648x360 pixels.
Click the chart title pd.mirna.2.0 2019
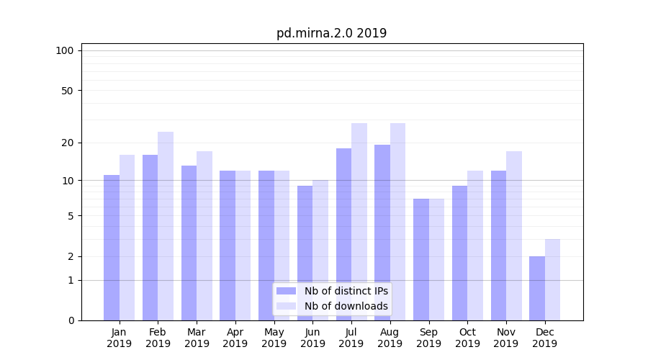[x=331, y=33]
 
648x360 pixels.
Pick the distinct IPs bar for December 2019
[x=537, y=288]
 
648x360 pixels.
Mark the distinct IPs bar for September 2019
[x=421, y=259]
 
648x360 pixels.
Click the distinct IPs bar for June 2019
[x=305, y=253]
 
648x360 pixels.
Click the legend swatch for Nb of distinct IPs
[x=286, y=291]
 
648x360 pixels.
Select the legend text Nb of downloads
[x=346, y=306]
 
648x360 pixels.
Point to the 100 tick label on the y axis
[x=65, y=50]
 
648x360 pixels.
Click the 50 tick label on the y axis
[x=67, y=91]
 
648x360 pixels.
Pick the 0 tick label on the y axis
[x=71, y=320]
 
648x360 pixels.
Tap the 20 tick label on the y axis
[x=67, y=143]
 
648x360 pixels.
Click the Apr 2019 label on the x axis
[x=235, y=338]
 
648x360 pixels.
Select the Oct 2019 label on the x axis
[x=467, y=338]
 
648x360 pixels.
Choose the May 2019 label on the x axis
[x=274, y=338]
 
